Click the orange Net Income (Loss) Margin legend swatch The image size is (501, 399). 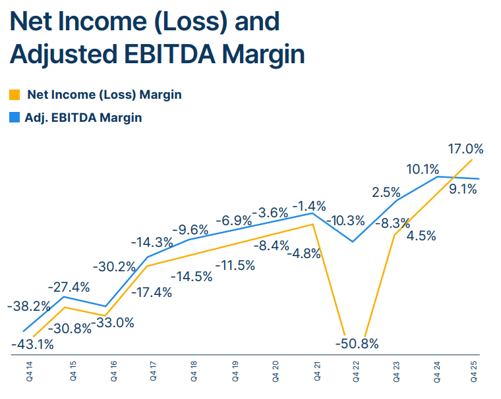pyautogui.click(x=15, y=95)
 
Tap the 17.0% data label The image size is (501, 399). pyautogui.click(x=465, y=149)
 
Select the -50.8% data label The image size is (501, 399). pyautogui.click(x=357, y=343)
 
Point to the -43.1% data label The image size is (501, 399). pyautogui.click(x=32, y=343)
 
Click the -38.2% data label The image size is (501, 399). pyautogui.click(x=28, y=307)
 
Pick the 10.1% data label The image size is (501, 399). pyautogui.click(x=423, y=169)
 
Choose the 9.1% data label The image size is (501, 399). pyautogui.click(x=463, y=190)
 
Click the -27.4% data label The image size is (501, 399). pyautogui.click(x=68, y=288)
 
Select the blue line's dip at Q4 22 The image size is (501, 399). pyautogui.click(x=353, y=242)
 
